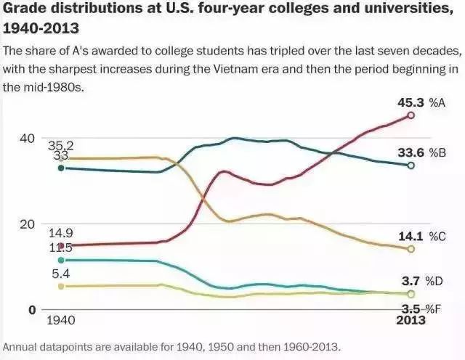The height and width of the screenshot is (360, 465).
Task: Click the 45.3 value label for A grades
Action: point(410,102)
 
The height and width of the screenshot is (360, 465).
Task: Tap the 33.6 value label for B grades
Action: point(410,152)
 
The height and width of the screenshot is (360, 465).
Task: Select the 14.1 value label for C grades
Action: point(411,236)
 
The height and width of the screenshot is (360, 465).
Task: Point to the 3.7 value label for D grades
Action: point(413,280)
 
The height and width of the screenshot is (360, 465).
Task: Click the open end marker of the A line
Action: point(411,115)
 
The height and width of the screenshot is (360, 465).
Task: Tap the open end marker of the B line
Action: point(411,165)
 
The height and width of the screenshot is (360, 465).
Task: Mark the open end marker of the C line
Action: point(411,249)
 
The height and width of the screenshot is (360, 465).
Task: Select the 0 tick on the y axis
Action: point(32,310)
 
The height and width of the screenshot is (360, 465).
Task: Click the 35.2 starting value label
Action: point(61,146)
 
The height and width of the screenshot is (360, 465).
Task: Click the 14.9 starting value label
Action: point(61,233)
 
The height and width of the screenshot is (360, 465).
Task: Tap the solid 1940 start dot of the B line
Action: point(61,168)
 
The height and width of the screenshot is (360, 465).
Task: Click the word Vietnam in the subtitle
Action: point(315,70)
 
